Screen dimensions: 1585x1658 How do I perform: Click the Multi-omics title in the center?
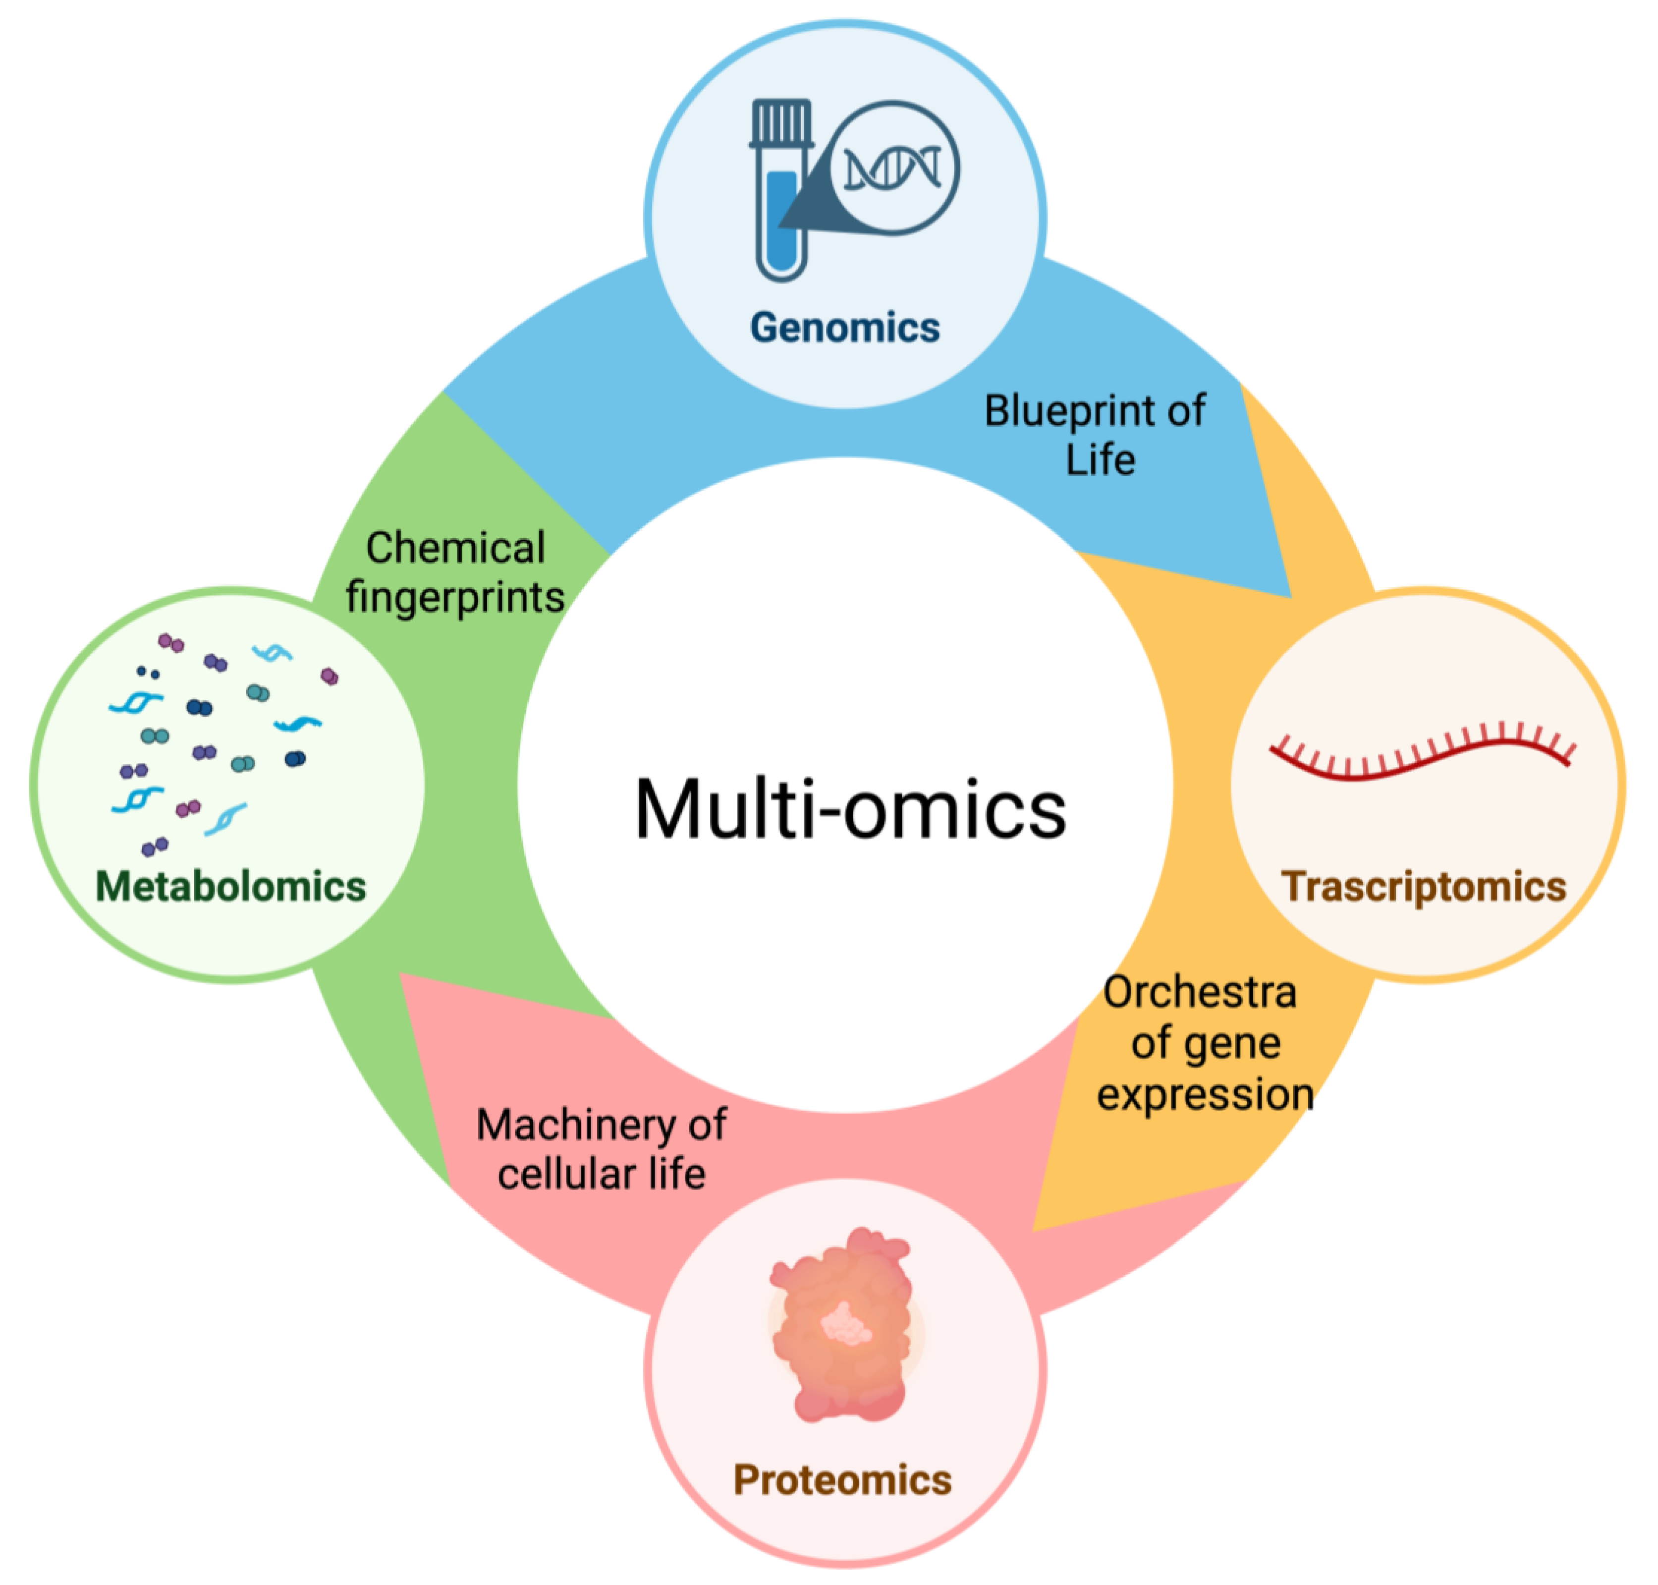click(850, 809)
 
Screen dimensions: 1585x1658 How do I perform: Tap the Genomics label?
click(845, 328)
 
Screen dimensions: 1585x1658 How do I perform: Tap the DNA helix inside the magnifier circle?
click(893, 168)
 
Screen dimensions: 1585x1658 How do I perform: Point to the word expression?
click(1205, 1094)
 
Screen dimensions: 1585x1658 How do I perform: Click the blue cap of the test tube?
click(781, 122)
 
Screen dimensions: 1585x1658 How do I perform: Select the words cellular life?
click(602, 1175)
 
